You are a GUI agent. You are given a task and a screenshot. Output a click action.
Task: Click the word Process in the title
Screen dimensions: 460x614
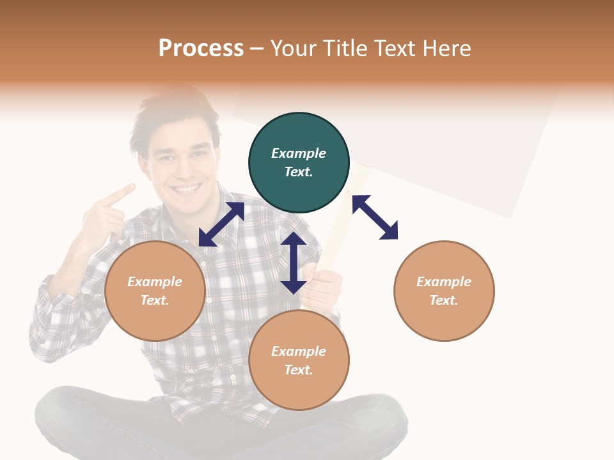click(x=201, y=49)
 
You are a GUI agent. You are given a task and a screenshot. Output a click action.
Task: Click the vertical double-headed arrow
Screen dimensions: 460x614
click(x=294, y=263)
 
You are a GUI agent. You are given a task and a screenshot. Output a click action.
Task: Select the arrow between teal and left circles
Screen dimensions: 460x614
click(x=221, y=224)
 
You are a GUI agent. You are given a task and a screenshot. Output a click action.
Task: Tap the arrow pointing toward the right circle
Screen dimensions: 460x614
click(x=375, y=217)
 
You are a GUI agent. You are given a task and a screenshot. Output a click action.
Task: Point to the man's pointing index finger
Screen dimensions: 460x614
click(x=122, y=194)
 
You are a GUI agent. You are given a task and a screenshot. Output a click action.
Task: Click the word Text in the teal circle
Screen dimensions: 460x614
click(x=299, y=172)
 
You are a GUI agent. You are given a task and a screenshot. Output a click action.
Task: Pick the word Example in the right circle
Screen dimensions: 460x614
click(x=444, y=282)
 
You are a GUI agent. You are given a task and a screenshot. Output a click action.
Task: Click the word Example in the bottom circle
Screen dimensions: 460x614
click(x=299, y=351)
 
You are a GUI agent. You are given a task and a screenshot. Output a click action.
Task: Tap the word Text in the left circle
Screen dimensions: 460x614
click(x=155, y=300)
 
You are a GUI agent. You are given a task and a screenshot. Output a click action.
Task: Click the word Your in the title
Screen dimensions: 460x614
click(x=295, y=49)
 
